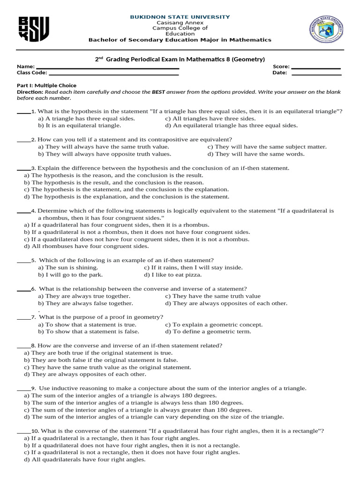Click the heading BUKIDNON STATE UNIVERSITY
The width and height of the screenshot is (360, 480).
(x=180, y=17)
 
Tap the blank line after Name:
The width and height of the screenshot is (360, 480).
(x=107, y=68)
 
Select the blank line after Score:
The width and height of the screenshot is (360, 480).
(x=316, y=68)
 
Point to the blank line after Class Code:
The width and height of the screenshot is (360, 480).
(x=113, y=74)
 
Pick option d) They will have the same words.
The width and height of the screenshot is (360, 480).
(x=256, y=154)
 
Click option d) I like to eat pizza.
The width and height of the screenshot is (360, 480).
(x=173, y=275)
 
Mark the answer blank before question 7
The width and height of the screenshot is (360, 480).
(x=23, y=317)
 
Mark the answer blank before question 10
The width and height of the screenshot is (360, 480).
(x=23, y=431)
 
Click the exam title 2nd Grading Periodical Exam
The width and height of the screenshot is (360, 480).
(x=180, y=59)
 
